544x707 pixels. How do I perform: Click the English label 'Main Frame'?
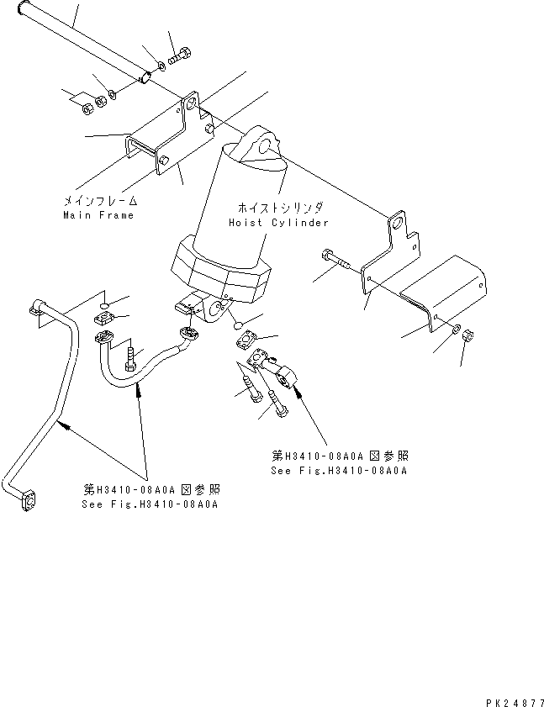pos(98,215)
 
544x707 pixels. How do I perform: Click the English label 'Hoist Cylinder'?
pos(277,223)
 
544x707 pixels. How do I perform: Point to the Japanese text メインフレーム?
pos(100,201)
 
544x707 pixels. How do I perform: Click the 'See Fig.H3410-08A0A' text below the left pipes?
pos(150,504)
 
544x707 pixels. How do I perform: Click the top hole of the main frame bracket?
pos(193,105)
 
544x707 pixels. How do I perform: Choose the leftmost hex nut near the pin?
pos(87,107)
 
